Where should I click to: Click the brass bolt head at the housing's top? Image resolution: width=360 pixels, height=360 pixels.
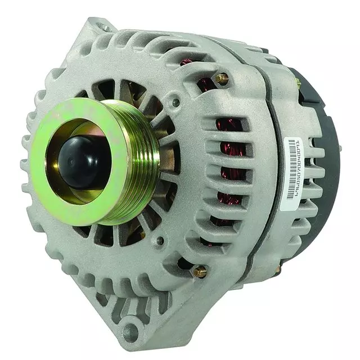[x=222, y=79]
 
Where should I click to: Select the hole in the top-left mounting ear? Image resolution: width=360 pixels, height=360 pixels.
[x=105, y=25]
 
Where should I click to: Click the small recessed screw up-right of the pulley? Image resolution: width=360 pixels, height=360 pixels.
[x=176, y=103]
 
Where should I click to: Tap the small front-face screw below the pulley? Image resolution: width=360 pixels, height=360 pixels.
[x=160, y=241]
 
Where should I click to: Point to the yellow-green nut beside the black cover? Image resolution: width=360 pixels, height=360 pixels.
[x=298, y=83]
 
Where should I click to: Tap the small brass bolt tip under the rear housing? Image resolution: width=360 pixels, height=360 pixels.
[x=277, y=270]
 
